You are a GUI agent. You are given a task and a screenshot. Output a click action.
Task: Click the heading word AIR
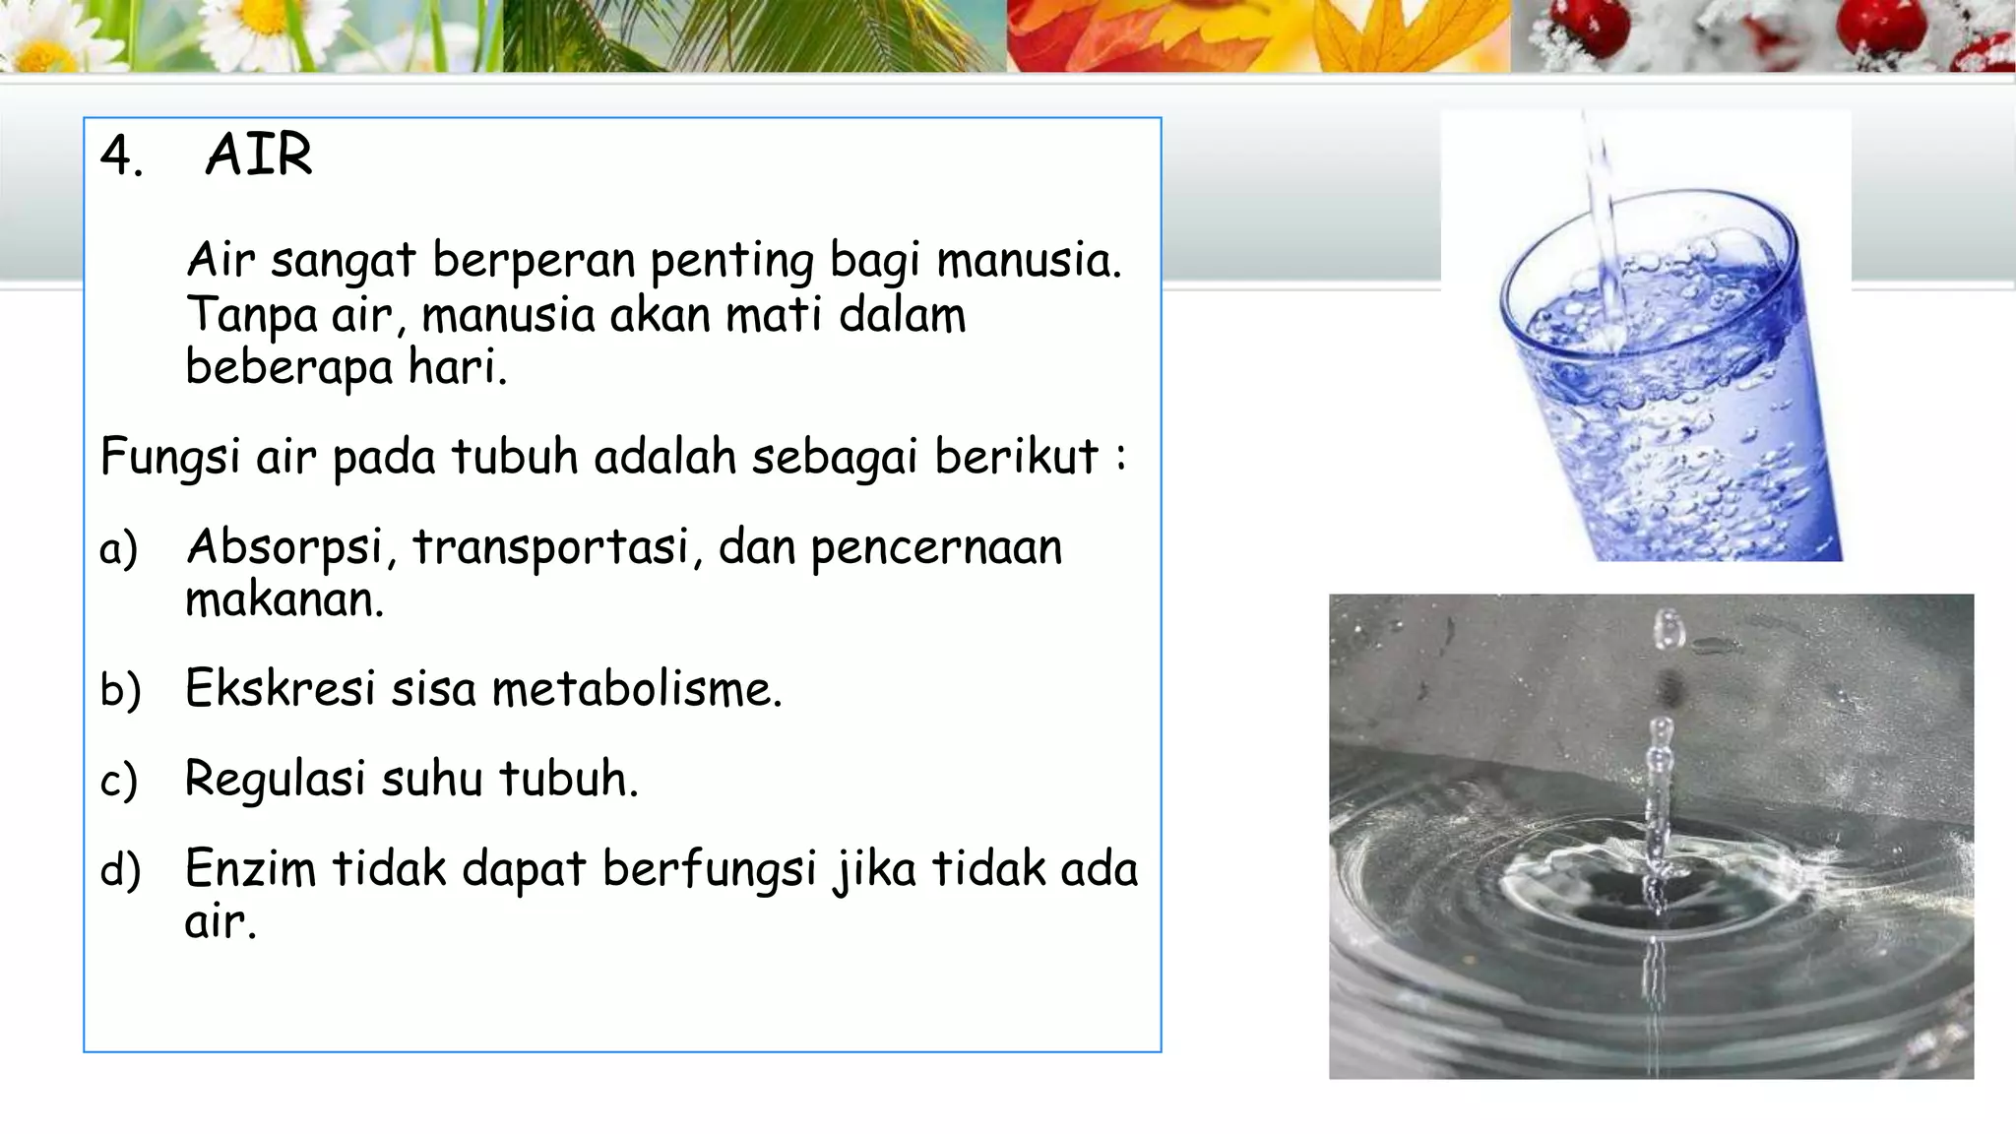tap(259, 156)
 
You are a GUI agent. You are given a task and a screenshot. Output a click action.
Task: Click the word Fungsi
tap(169, 458)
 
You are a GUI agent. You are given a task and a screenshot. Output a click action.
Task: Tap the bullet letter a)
tap(118, 549)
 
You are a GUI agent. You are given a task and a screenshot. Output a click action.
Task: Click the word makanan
tap(283, 599)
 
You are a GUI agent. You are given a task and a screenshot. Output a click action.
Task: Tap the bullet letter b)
tap(120, 689)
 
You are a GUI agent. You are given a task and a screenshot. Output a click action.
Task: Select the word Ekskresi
tap(280, 688)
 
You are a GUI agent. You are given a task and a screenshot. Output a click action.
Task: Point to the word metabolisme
tap(636, 688)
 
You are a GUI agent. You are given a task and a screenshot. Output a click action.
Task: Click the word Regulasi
tap(275, 780)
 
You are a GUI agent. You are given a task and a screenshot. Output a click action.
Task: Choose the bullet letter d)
tap(120, 870)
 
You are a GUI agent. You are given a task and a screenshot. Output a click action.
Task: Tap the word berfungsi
tap(709, 870)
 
